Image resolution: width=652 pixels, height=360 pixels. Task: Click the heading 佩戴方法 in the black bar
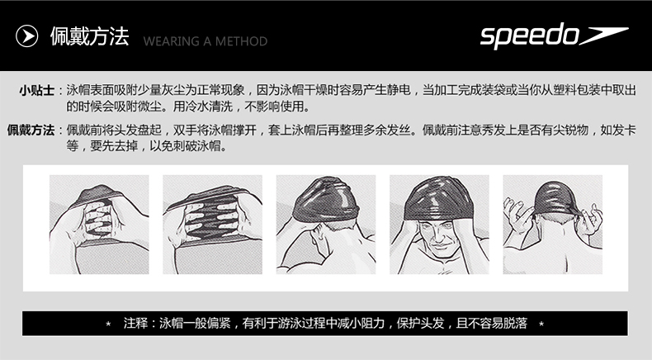tap(89, 37)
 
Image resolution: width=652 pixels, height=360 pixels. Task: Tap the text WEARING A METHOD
tap(206, 40)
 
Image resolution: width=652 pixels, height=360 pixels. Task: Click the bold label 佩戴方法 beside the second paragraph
tap(31, 130)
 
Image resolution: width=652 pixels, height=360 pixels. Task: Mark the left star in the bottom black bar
tap(108, 323)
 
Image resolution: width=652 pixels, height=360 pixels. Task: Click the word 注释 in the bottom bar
tap(135, 322)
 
